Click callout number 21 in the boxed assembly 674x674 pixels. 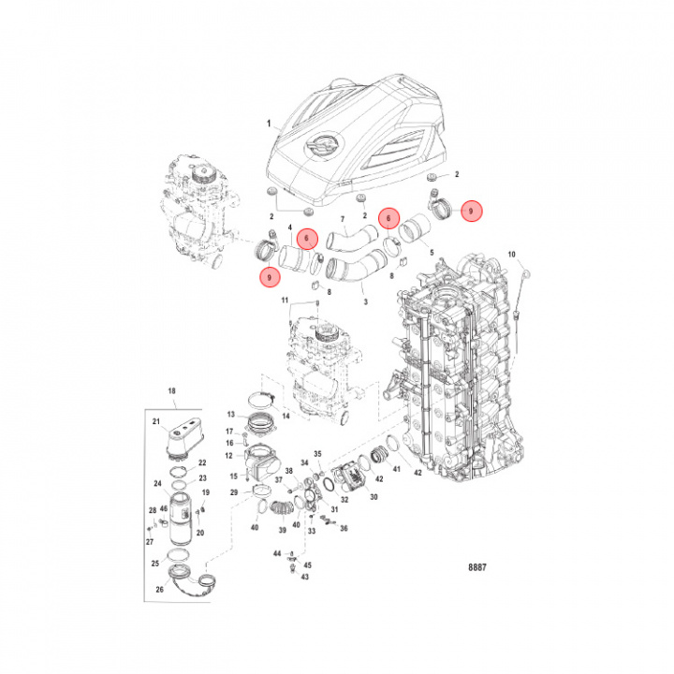[156, 422]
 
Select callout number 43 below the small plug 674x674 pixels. [303, 577]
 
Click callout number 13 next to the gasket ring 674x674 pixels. [229, 413]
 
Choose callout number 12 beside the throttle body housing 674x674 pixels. [228, 456]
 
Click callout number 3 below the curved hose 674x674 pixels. [364, 302]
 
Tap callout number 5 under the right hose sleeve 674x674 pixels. [430, 253]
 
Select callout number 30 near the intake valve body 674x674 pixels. [374, 497]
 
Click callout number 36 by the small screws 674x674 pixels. [344, 529]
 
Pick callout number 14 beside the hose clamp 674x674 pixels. [286, 414]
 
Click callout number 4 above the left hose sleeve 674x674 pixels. [291, 227]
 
